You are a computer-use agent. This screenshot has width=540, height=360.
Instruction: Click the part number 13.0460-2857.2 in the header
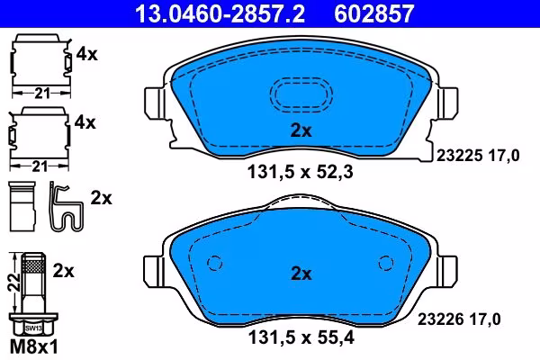pyautogui.click(x=220, y=13)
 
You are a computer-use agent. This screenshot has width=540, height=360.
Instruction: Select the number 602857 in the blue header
pyautogui.click(x=374, y=13)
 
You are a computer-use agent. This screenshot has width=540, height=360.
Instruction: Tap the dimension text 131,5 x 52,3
pyautogui.click(x=300, y=172)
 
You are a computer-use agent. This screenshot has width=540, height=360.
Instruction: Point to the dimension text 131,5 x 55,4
pyautogui.click(x=301, y=337)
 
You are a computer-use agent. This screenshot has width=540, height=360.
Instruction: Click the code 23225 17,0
pyautogui.click(x=478, y=156)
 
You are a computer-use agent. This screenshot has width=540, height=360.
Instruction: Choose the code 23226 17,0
pyautogui.click(x=459, y=319)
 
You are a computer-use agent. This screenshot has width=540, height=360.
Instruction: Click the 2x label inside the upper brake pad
pyautogui.click(x=301, y=130)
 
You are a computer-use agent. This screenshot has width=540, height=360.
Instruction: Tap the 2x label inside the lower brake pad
pyautogui.click(x=301, y=274)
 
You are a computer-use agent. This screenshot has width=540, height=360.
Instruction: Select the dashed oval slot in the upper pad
pyautogui.click(x=301, y=77)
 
